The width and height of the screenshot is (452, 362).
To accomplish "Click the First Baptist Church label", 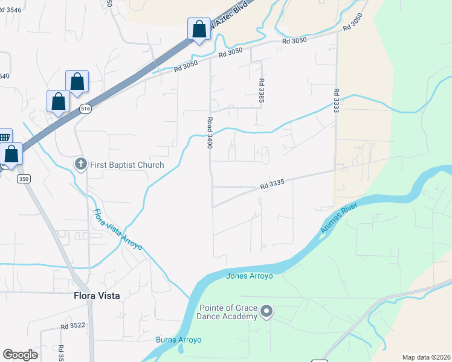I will tap(127, 165).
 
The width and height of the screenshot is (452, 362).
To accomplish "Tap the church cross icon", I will tap(81, 164).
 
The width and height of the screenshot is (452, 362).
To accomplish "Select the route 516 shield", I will tap(85, 109).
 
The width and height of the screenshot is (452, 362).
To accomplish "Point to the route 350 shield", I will tap(24, 179).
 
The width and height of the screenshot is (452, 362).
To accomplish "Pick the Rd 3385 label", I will tap(262, 90).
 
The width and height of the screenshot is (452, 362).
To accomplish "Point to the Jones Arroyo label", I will tap(250, 276).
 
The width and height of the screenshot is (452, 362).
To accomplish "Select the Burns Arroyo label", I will tap(178, 340).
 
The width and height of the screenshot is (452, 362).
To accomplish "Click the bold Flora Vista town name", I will tap(97, 296).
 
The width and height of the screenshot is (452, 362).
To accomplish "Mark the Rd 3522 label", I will tap(73, 326).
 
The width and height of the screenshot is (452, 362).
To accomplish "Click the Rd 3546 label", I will tap(9, 10).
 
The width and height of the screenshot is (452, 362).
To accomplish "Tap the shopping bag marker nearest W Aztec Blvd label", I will tap(199, 28).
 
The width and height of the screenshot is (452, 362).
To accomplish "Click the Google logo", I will tap(20, 355).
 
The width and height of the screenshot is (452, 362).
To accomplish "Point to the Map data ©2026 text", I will tap(427, 357).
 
